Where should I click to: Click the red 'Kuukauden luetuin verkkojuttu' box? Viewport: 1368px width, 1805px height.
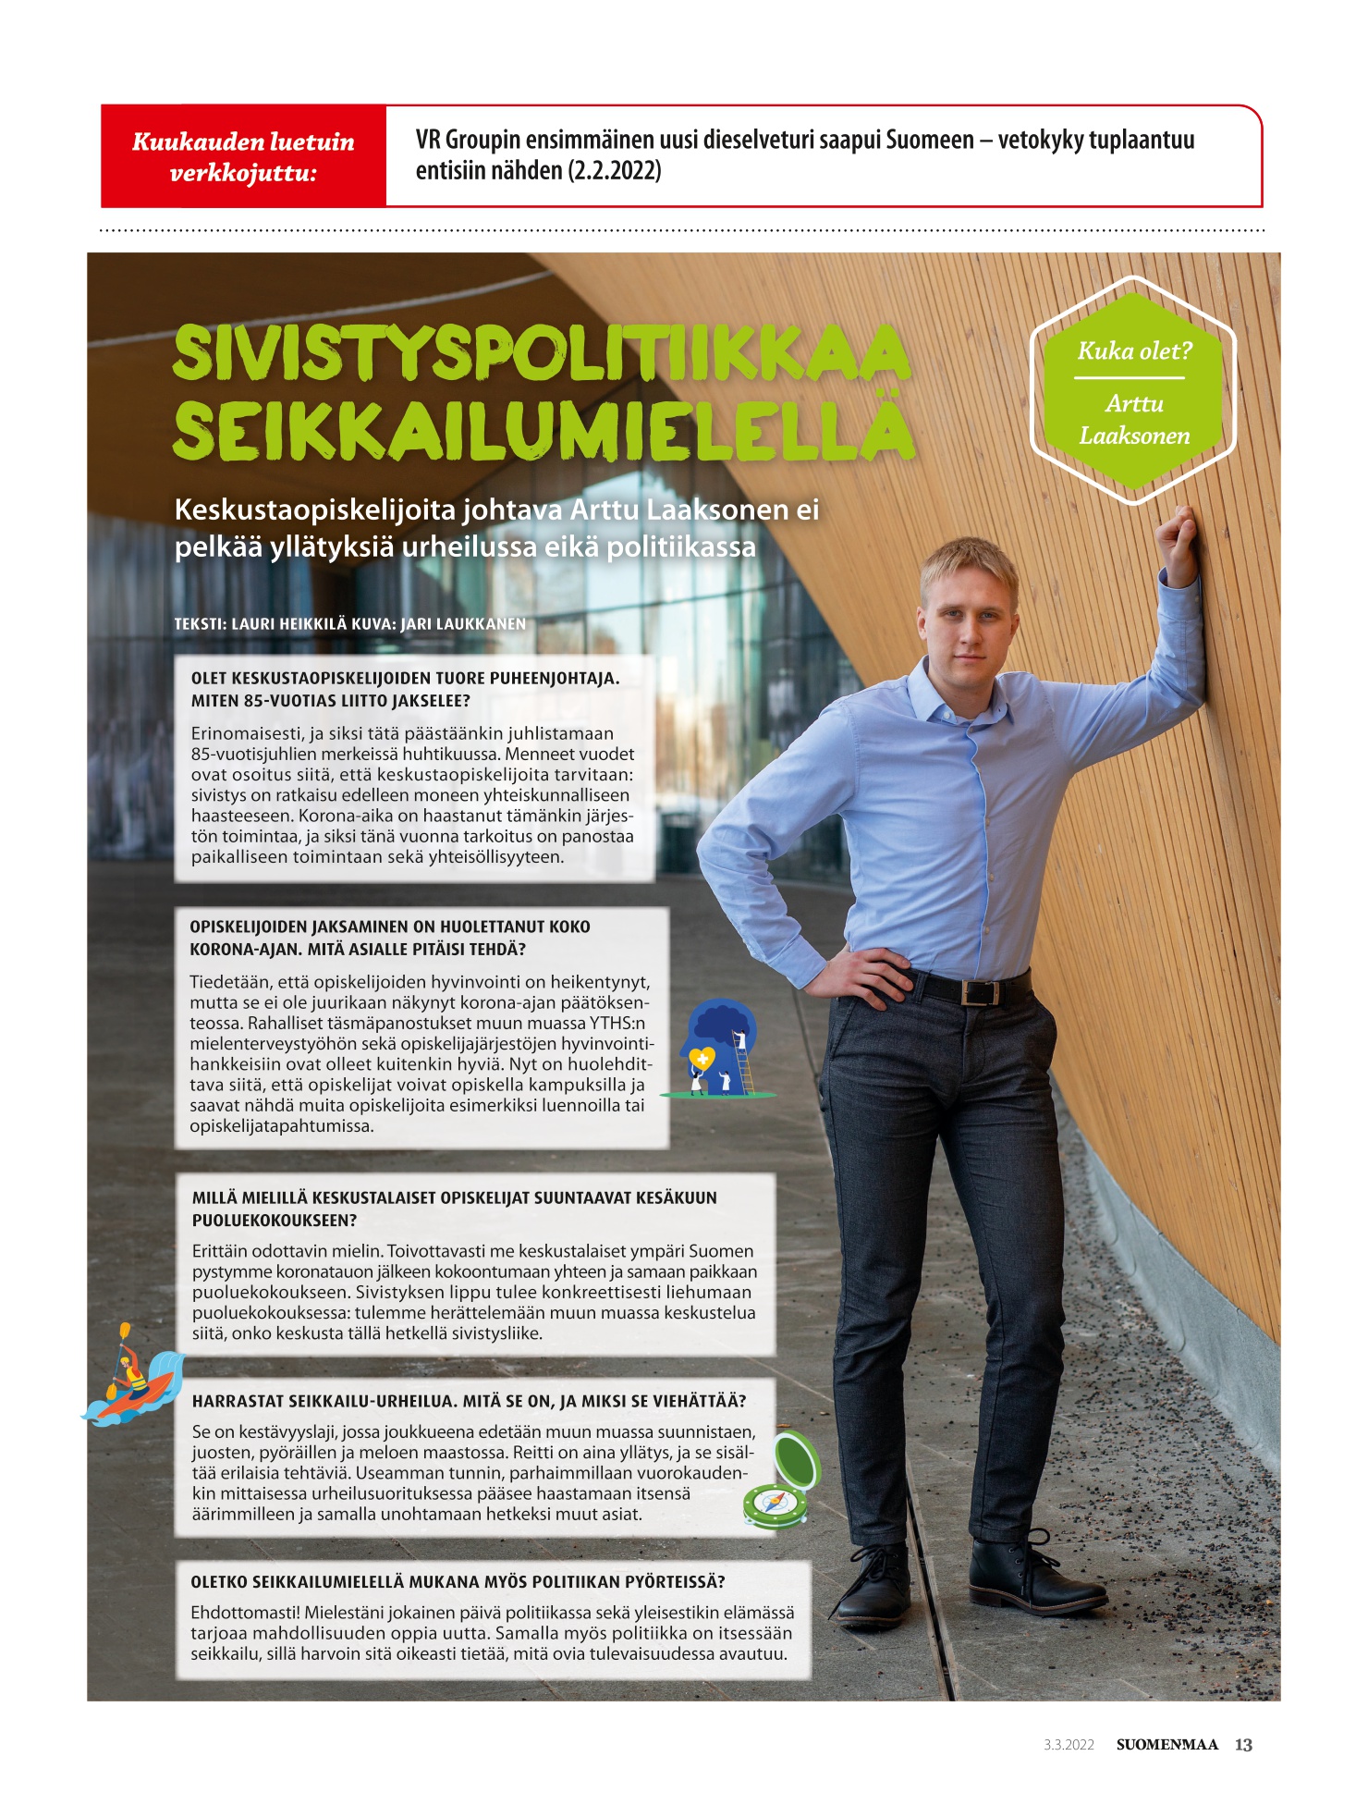point(243,156)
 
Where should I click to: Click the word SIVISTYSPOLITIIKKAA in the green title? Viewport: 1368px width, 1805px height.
point(541,352)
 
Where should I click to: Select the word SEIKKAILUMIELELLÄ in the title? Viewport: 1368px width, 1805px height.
point(544,430)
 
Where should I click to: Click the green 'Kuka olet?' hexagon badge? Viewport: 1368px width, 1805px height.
point(1133,391)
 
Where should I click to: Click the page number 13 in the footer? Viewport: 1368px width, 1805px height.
point(1243,1745)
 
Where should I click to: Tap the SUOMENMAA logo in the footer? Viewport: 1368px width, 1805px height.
point(1166,1745)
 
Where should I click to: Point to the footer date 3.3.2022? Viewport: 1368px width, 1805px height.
point(1069,1746)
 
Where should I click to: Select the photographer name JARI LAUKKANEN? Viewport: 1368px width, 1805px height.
point(463,624)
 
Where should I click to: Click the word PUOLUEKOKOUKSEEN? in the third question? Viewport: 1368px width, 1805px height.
point(275,1221)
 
